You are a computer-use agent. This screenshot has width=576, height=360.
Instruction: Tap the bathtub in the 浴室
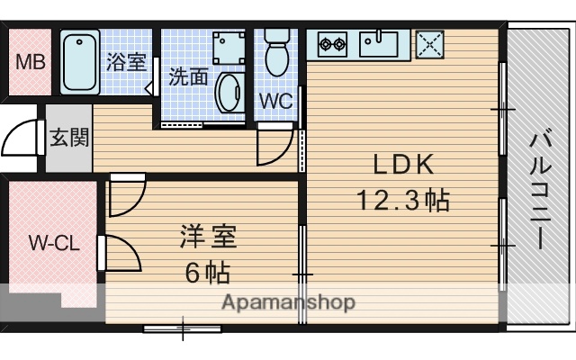tap(81, 61)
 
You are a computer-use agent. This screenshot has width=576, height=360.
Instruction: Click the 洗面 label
tap(188, 77)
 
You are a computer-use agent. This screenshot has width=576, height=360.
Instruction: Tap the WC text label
tap(276, 102)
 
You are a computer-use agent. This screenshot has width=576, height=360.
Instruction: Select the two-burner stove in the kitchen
tap(332, 41)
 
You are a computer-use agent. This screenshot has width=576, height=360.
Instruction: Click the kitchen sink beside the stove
tap(381, 41)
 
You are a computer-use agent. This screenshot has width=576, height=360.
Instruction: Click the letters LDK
tap(404, 165)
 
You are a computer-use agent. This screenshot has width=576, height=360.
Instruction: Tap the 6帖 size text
tap(207, 272)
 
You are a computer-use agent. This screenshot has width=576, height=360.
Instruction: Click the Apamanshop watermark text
tap(288, 301)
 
